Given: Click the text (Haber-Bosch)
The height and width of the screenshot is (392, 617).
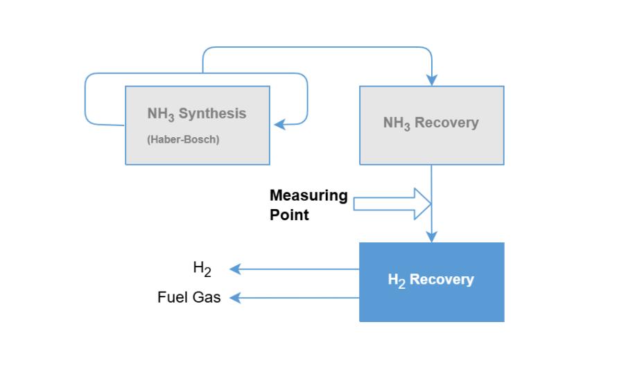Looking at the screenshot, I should (x=183, y=139).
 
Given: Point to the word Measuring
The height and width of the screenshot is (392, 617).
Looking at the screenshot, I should (x=308, y=195).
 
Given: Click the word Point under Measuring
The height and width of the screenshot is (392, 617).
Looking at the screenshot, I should (x=289, y=215).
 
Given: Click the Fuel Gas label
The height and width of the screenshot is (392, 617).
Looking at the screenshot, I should (x=189, y=298).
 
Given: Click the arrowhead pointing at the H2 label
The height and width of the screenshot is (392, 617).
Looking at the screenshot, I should (x=235, y=269).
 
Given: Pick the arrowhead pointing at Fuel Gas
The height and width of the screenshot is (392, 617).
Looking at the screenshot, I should (x=235, y=298).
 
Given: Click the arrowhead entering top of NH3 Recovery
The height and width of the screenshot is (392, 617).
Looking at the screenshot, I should (x=432, y=80).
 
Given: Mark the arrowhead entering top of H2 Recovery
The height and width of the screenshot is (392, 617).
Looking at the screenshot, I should (x=432, y=237).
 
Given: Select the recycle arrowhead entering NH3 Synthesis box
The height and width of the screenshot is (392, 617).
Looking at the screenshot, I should (x=279, y=125).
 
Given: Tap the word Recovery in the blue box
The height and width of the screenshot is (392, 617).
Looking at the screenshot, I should (x=442, y=280).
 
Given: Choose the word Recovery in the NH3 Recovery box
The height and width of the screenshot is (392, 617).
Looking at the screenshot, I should (x=446, y=123).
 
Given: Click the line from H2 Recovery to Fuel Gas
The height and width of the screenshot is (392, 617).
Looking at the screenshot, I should (x=298, y=298).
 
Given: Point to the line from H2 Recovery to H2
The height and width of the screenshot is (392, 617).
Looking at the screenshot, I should (x=298, y=269).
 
